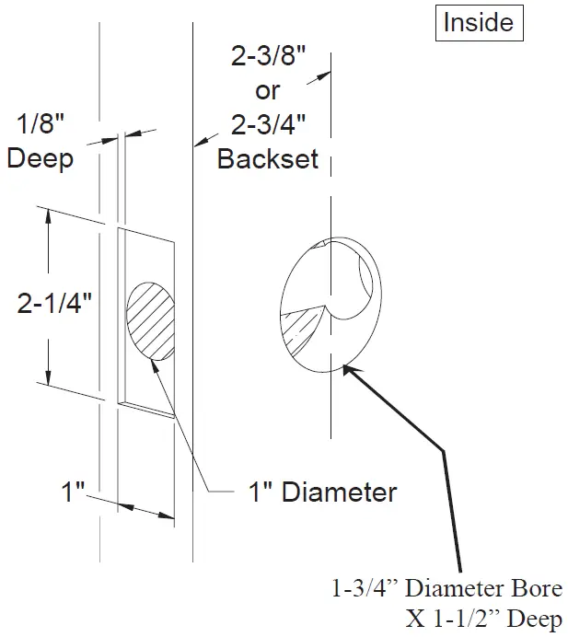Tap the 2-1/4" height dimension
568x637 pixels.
point(54,303)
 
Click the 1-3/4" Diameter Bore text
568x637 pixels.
point(446,587)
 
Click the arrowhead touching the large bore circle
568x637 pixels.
point(349,370)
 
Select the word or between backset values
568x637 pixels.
point(267,91)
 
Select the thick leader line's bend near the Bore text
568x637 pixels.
point(445,451)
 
